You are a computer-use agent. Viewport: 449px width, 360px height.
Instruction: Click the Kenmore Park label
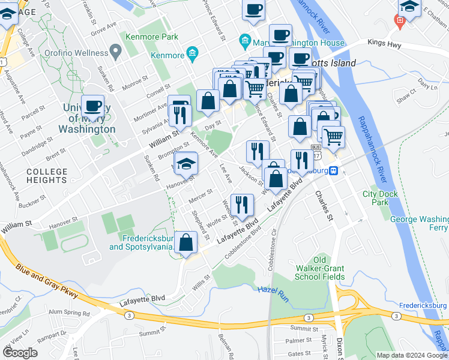click(152, 37)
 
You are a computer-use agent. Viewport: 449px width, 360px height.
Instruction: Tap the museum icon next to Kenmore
click(192, 55)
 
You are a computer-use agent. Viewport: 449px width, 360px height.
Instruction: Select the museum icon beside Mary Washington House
click(245, 42)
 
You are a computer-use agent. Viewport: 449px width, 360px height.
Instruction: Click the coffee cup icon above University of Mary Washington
click(93, 106)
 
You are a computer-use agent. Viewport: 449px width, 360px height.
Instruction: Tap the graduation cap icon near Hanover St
click(187, 163)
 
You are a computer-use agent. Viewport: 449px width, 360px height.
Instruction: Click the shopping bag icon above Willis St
click(187, 242)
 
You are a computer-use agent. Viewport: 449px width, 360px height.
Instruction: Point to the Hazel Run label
click(274, 289)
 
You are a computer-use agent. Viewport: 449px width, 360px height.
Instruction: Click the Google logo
click(20, 353)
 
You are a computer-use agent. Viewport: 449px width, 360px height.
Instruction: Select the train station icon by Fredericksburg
click(337, 170)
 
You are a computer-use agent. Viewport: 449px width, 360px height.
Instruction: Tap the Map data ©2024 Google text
click(411, 355)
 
